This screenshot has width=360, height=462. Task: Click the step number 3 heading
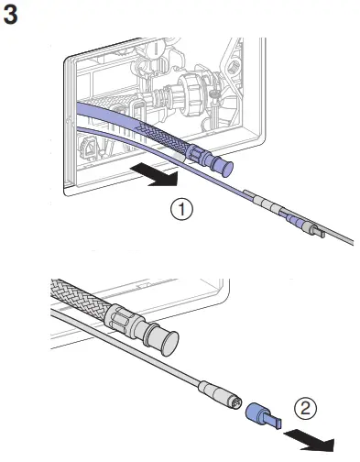pos(13,16)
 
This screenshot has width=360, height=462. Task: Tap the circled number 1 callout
pos(184,210)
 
